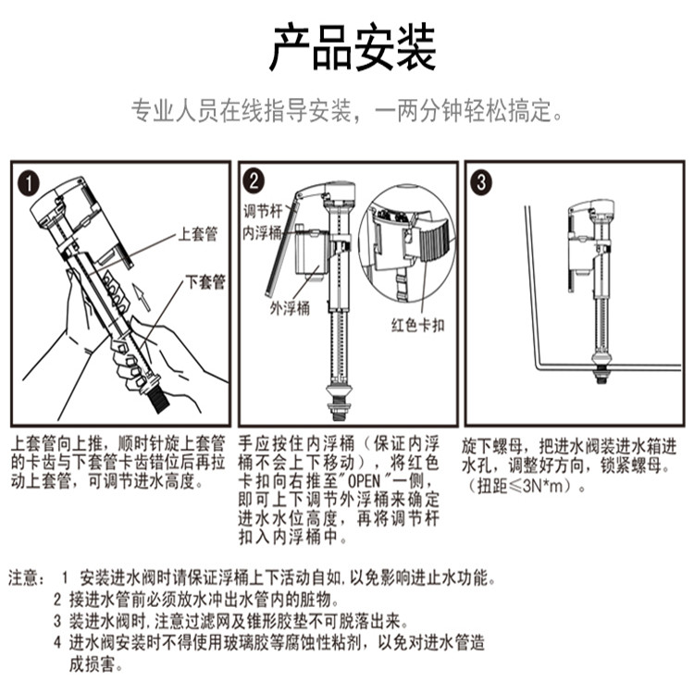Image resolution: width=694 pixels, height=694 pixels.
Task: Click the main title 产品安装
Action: point(353,47)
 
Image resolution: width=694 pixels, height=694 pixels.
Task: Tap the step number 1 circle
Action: point(29,183)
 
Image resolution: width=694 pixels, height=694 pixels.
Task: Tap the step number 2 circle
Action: point(254,181)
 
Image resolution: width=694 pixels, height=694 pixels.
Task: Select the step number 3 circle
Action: point(481,182)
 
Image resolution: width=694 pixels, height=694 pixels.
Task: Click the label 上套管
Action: point(198,233)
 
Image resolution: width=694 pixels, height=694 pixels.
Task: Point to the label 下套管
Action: point(205,282)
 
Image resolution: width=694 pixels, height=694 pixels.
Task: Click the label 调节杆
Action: point(263,211)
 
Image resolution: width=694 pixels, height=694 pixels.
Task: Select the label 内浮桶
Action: point(262,233)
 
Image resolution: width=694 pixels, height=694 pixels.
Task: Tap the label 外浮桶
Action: point(291,308)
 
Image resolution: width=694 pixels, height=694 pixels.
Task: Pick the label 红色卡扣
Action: point(418,326)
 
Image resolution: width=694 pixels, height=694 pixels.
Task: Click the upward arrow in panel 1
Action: point(142,297)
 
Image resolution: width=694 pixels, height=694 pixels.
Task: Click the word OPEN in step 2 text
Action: point(365,481)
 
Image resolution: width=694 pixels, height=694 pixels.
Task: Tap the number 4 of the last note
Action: point(57,642)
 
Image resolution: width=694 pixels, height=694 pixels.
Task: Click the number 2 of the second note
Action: point(57,600)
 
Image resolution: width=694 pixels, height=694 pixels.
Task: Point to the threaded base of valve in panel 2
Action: point(339,410)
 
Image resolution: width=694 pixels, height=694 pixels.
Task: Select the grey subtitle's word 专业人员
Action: point(175,111)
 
